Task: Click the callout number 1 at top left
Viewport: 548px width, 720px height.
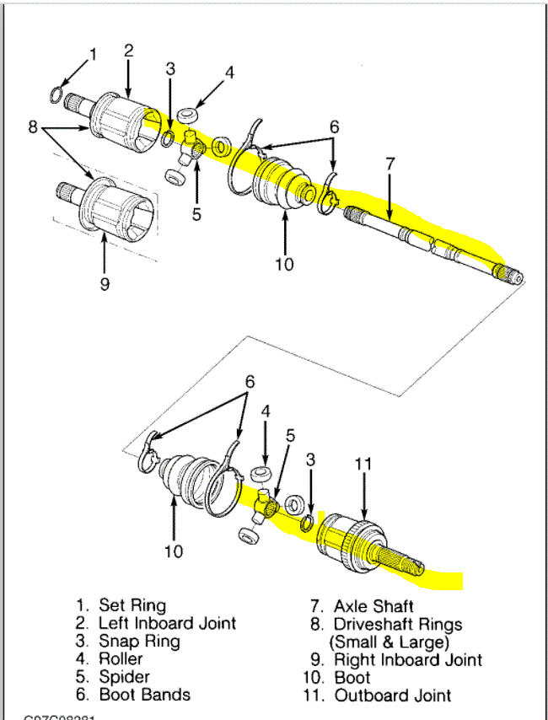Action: click(93, 55)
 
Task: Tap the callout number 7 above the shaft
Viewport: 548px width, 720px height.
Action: click(390, 164)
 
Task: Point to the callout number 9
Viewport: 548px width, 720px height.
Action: click(105, 284)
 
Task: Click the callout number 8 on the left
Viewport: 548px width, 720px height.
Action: click(32, 129)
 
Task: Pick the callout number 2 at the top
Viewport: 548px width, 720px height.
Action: click(128, 51)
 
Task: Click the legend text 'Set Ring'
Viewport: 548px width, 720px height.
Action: click(132, 605)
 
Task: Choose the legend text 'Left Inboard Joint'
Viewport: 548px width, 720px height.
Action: click(168, 623)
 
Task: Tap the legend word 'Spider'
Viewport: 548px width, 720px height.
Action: click(125, 677)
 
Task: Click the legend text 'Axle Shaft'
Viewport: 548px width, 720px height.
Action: click(373, 606)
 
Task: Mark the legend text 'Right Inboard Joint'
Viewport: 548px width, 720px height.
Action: click(408, 660)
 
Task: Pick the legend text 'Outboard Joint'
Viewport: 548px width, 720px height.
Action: click(392, 696)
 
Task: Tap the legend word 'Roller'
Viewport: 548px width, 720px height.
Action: click(123, 659)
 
